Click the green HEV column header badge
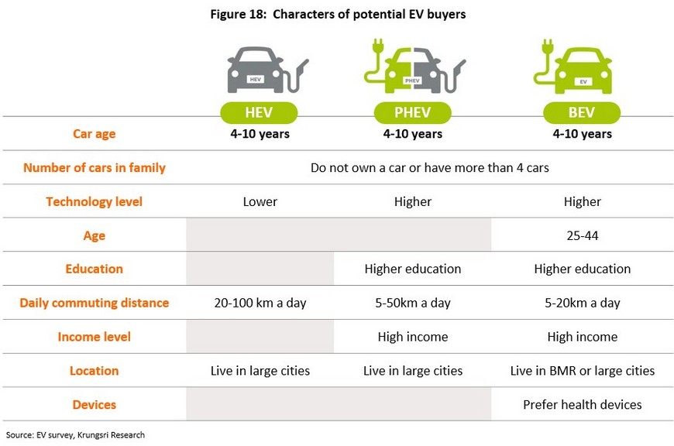259,112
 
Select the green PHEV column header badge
413,112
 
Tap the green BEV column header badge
582,112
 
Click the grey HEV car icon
267,70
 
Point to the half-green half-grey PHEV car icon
414,66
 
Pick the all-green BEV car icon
573,67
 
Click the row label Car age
95,134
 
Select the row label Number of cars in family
95,167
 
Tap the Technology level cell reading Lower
260,201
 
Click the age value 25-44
583,235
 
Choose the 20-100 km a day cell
260,303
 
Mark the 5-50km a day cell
413,303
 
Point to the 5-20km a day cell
583,303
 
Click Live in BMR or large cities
583,371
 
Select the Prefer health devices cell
583,405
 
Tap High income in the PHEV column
413,337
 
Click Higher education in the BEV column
583,269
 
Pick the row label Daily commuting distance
95,303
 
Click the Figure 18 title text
338,14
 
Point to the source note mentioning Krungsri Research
75,435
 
